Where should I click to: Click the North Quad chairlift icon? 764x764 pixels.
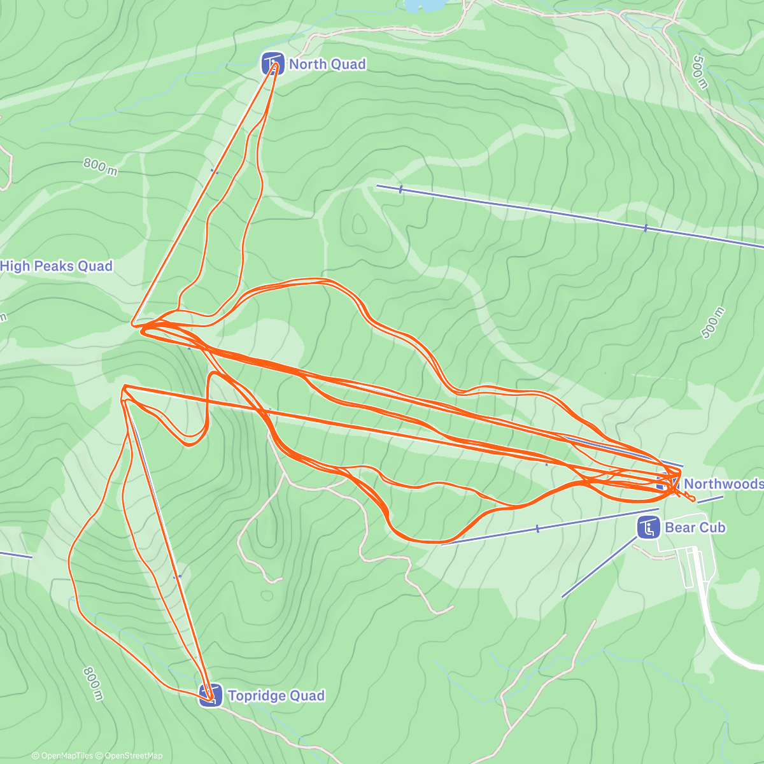(272, 63)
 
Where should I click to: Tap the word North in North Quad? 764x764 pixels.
(308, 64)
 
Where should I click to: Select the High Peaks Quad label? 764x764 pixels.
(56, 266)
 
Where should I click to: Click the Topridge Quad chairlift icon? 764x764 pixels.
(211, 695)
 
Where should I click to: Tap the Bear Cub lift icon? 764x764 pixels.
(648, 527)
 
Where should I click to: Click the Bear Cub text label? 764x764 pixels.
(695, 527)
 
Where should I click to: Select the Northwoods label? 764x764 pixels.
(723, 484)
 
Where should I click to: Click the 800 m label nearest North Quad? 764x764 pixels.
(101, 167)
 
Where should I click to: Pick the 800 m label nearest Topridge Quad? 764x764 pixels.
(92, 684)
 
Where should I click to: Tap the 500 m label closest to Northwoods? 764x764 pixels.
(712, 323)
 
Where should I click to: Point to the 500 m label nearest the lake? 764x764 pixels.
(699, 71)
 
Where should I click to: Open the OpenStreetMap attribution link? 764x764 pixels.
(129, 756)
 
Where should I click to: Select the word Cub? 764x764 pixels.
(712, 527)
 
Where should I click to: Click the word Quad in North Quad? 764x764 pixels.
(349, 64)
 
